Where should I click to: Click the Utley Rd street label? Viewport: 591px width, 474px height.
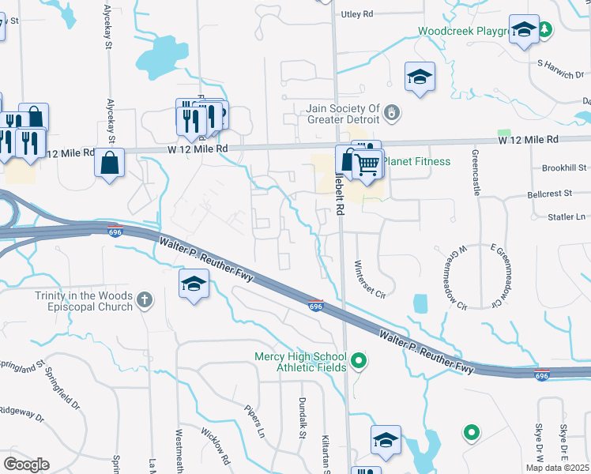pos(356,14)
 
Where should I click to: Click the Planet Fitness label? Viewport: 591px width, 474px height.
pos(416,162)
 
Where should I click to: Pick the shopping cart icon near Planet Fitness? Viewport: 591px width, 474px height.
pos(368,164)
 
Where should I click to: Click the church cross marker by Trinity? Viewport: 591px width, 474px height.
pos(144,300)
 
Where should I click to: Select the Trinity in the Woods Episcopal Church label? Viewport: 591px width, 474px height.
pos(84,301)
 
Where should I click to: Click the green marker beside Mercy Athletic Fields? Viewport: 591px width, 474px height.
pos(359,362)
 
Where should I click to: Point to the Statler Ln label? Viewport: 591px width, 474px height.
pos(567,216)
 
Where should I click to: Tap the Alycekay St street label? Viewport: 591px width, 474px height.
pos(108,29)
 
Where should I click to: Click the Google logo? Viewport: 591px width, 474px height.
pos(26,465)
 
